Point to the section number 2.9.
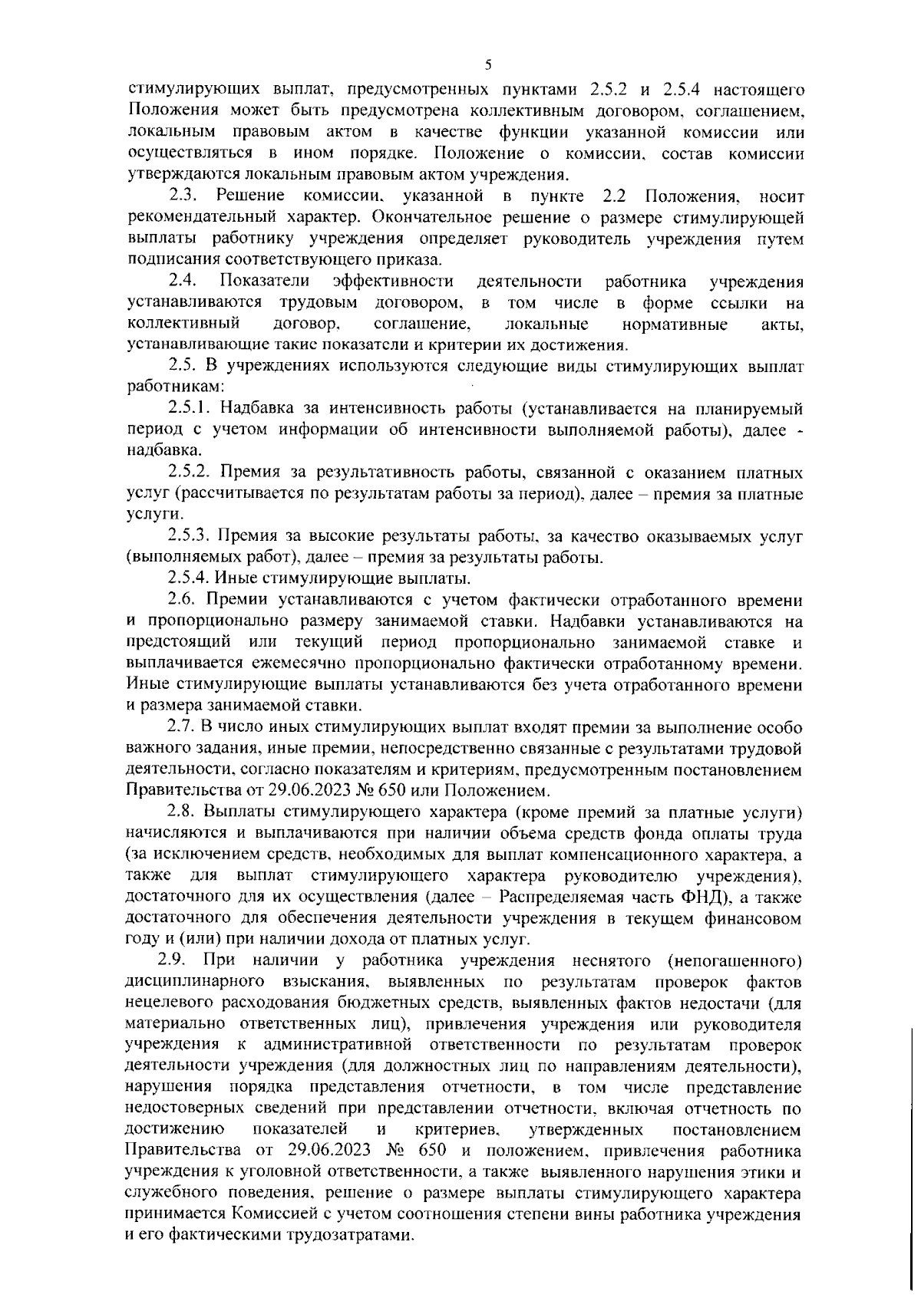tap(173, 960)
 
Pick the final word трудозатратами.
tap(351, 1258)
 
